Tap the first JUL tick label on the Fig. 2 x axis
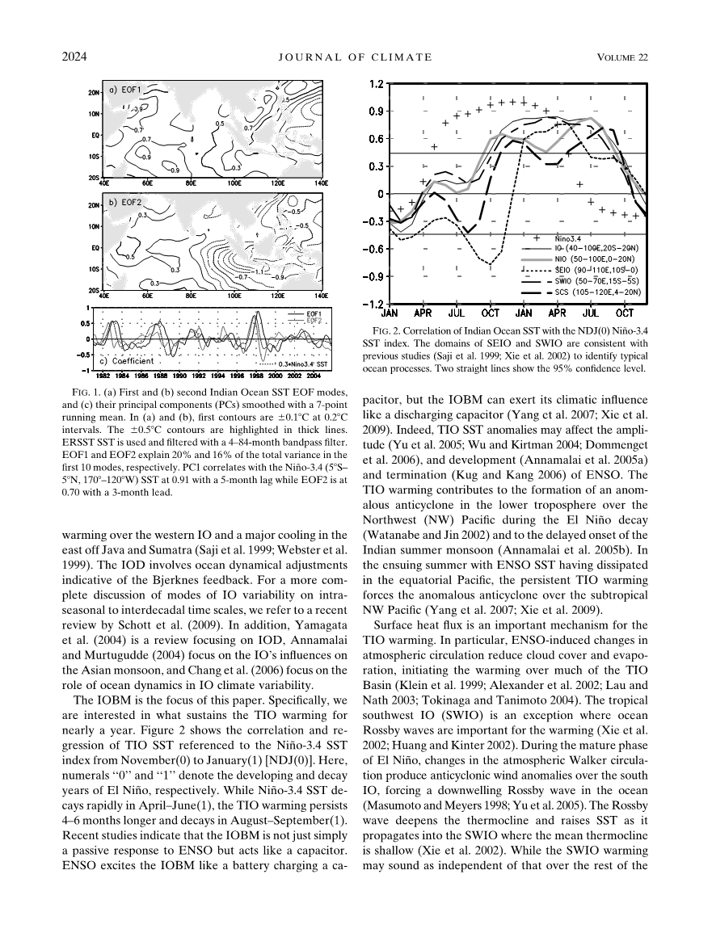coord(456,312)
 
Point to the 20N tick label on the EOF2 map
coord(93,205)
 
